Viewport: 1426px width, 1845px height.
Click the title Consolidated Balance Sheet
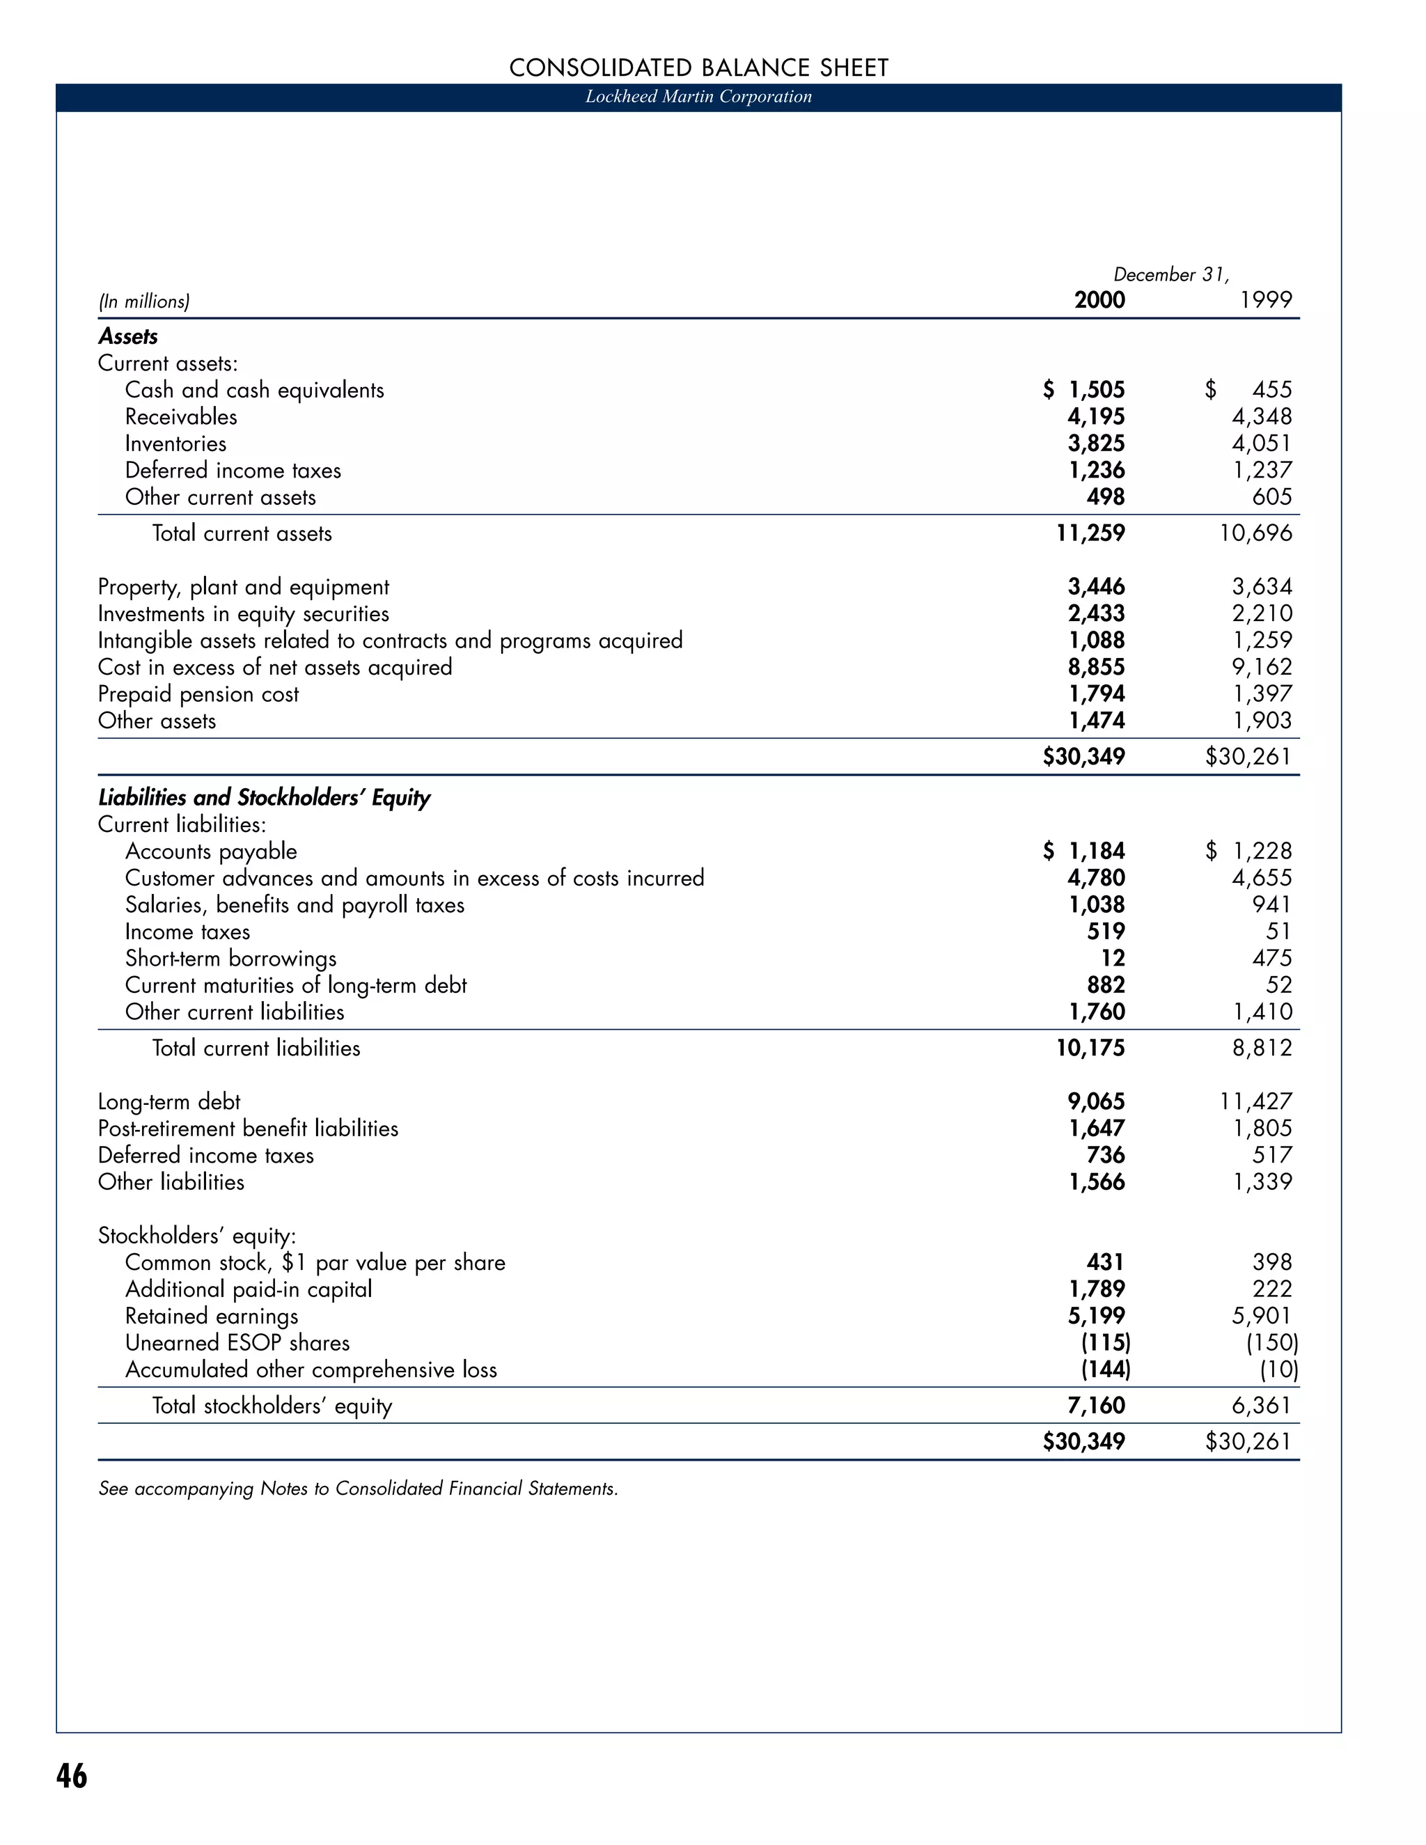(x=698, y=68)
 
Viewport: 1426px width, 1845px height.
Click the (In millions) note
(x=144, y=301)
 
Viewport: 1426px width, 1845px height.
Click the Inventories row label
(x=175, y=443)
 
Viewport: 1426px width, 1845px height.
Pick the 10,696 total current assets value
(x=1255, y=533)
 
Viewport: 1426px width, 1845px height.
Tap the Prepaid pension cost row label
(x=198, y=694)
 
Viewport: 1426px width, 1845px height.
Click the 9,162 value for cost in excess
(x=1262, y=668)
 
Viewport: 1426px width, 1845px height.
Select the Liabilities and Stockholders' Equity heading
(x=265, y=797)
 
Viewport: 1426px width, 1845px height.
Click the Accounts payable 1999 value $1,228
(x=1249, y=851)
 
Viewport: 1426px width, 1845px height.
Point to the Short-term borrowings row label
(x=230, y=959)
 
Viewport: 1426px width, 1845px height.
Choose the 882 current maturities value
(x=1106, y=985)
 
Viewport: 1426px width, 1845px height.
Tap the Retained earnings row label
(x=212, y=1316)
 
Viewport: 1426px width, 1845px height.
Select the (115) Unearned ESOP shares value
(x=1105, y=1343)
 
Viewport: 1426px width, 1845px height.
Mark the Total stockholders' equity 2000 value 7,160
(x=1097, y=1406)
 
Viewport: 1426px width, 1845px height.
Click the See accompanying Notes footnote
(x=358, y=1489)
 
